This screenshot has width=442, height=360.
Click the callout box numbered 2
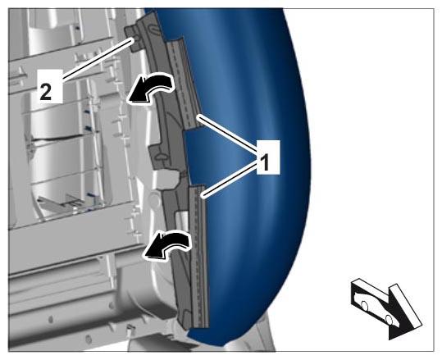tap(50, 87)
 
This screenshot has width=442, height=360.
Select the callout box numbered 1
tap(268, 157)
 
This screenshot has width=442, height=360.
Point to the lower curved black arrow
tap(168, 244)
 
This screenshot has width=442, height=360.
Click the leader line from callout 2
tap(98, 59)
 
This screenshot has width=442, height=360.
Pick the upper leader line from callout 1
tap(226, 133)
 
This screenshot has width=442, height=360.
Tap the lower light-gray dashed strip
tap(198, 257)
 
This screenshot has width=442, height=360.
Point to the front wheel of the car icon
tap(389, 320)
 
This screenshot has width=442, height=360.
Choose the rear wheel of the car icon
tap(364, 305)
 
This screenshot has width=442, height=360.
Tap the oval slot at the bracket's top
tap(153, 29)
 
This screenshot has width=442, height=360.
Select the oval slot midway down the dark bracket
tap(162, 156)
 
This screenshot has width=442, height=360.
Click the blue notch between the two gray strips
tap(198, 155)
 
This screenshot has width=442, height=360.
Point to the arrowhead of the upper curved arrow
tap(138, 93)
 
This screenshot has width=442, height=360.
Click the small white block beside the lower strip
tap(182, 220)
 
